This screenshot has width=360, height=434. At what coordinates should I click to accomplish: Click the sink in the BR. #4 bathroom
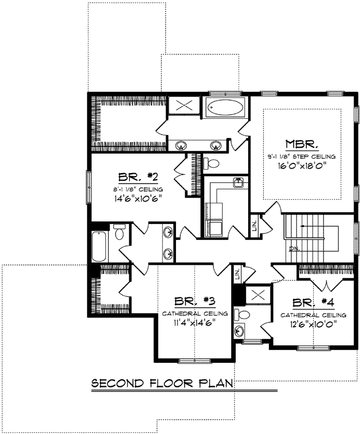240,331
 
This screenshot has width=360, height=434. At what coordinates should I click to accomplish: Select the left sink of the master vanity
182,145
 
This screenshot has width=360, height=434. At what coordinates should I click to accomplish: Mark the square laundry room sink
237,183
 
